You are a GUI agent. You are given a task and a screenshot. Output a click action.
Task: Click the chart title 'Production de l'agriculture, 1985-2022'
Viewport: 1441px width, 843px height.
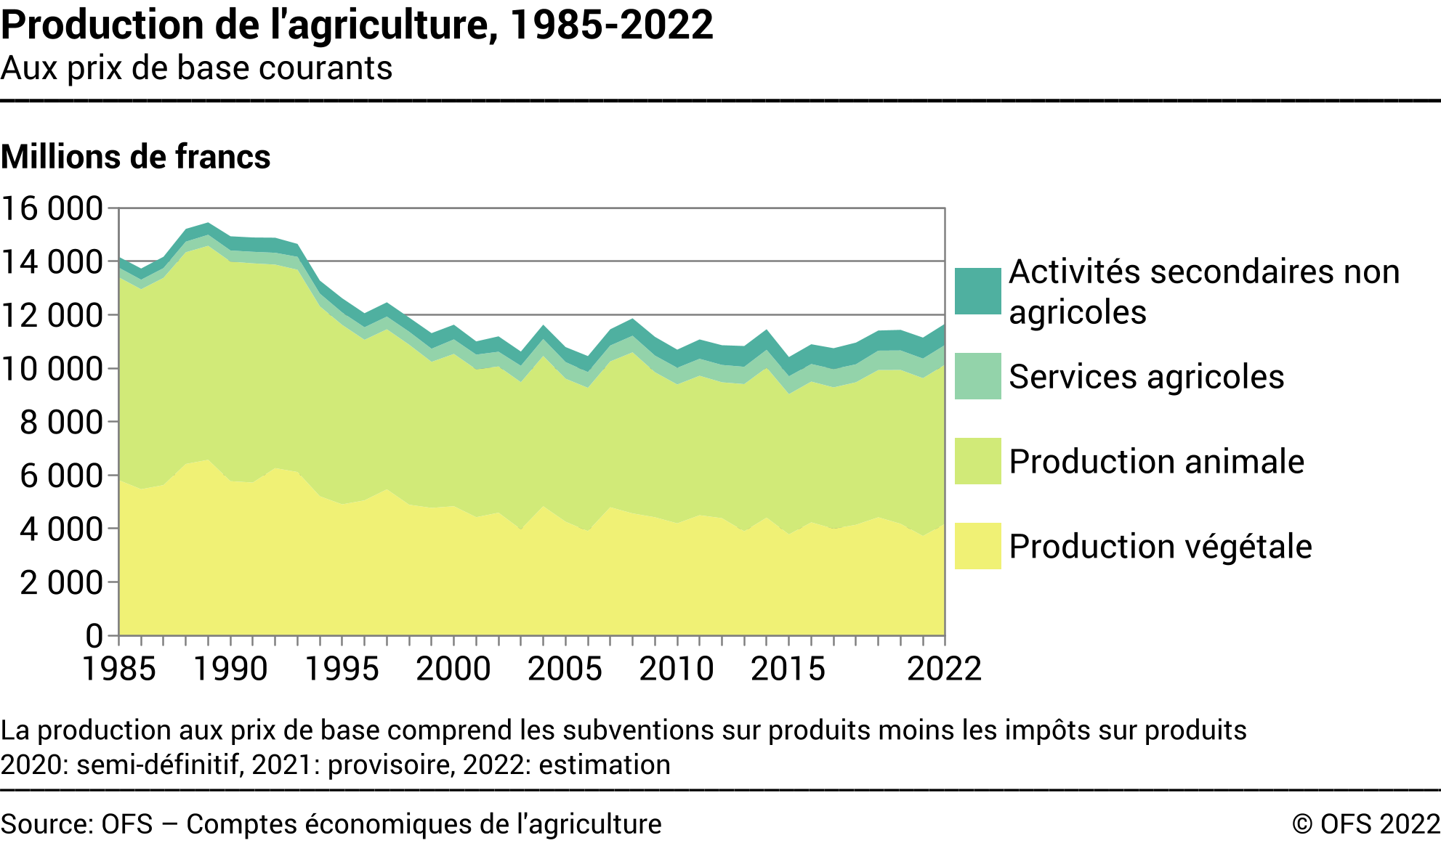357,25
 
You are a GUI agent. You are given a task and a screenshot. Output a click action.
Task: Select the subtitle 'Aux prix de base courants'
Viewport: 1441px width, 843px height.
196,68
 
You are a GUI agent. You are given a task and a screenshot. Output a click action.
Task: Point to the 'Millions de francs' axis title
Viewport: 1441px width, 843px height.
136,157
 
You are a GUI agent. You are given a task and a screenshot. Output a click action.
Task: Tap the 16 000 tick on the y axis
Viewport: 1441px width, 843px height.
52,208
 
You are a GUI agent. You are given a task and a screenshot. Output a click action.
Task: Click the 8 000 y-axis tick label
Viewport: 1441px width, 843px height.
61,422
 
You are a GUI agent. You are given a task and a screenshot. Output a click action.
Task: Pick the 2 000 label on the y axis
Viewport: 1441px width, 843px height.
61,582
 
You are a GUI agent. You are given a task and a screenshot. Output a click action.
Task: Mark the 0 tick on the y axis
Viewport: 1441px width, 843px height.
94,636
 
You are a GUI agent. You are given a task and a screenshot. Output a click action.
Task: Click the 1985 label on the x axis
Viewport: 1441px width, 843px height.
119,669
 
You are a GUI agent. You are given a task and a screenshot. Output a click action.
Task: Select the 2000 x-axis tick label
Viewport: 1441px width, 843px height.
453,669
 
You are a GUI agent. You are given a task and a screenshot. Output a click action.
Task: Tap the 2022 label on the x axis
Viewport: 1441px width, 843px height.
944,669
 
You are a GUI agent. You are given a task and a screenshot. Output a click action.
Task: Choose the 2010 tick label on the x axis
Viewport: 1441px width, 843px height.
677,669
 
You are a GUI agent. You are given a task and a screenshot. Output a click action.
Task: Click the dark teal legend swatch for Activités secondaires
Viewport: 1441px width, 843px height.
977,291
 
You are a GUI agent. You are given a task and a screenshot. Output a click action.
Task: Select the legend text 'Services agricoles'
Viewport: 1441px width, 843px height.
1146,377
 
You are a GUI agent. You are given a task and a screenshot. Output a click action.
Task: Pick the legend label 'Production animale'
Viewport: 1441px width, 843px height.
1156,462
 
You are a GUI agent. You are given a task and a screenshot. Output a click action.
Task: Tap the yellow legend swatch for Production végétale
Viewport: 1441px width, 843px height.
977,546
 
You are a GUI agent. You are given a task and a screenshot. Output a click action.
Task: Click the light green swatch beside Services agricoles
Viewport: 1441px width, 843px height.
977,376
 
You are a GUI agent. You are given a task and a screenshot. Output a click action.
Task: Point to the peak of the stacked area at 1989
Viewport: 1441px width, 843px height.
209,224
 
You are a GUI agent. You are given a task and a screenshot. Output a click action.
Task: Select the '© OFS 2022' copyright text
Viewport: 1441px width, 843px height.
1365,824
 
